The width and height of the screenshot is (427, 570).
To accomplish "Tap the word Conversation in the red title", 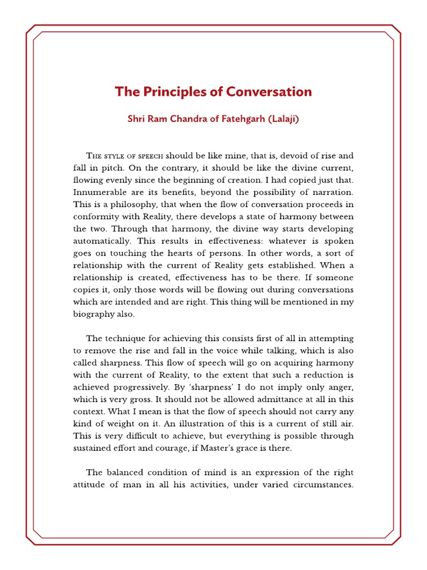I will coord(269,92).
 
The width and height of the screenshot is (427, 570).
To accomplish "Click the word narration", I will coord(332,192).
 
